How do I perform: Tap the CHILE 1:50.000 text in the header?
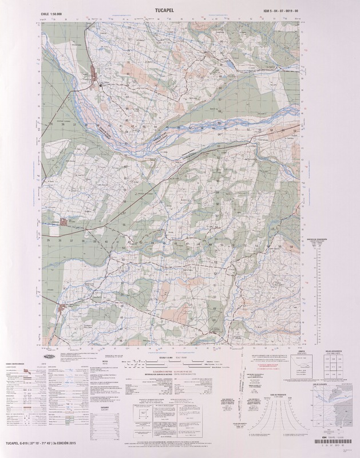coord(50,11)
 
